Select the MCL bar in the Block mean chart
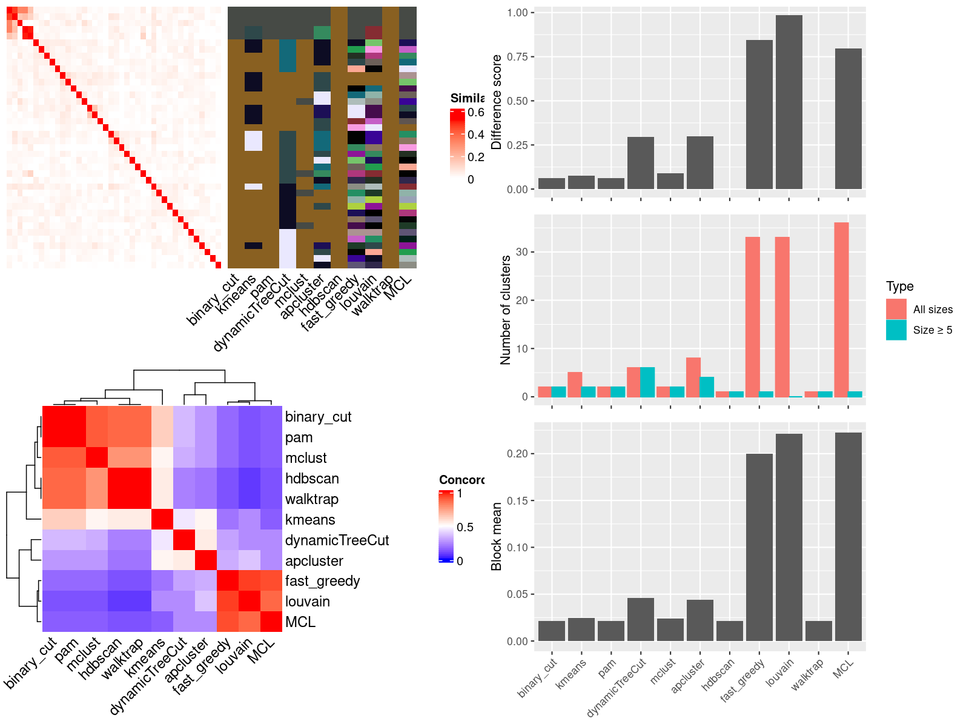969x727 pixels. tap(848, 536)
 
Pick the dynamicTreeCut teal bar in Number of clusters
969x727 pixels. tap(647, 382)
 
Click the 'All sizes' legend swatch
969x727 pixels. tap(896, 309)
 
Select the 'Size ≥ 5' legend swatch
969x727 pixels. tap(896, 330)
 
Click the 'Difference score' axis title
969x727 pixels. tap(497, 102)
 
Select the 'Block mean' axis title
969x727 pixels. tap(497, 536)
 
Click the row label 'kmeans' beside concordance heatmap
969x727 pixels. tap(310, 520)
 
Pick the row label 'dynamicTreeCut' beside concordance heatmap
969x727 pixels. tap(337, 540)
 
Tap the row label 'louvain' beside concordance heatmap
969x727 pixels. tap(308, 602)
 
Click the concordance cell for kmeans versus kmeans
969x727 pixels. tap(162, 519)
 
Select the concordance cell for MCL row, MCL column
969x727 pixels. tap(271, 622)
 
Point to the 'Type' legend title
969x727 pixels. tap(899, 287)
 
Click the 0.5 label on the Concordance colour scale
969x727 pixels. tap(465, 527)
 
